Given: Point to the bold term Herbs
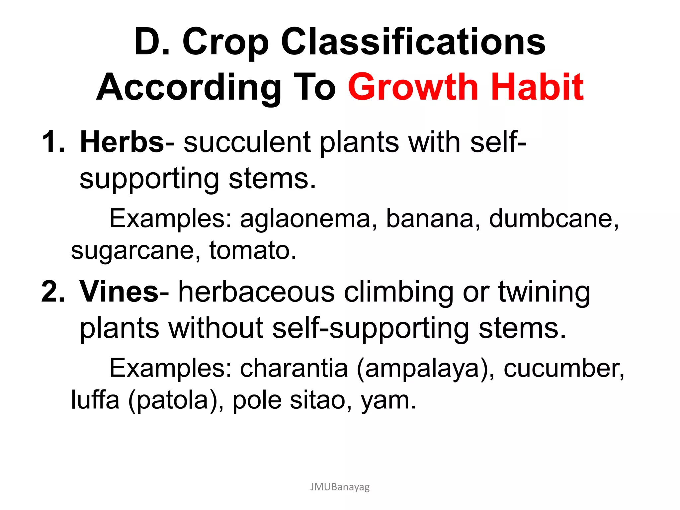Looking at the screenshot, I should [122, 142].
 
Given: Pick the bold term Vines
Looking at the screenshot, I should [119, 292].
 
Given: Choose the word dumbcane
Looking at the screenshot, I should [553, 219].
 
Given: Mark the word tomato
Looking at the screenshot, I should [252, 250].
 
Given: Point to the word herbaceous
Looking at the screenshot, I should [256, 292].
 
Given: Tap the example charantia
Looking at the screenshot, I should [294, 369].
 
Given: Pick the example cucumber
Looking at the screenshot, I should [563, 369].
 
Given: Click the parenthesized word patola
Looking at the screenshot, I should [173, 400].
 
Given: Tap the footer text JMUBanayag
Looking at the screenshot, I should [340, 487].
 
